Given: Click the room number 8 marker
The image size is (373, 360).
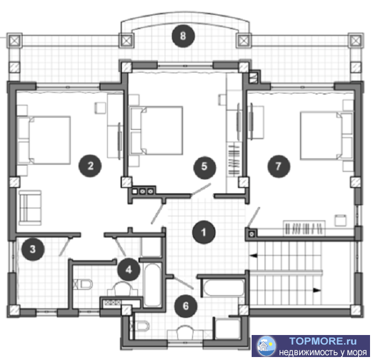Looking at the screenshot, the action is coord(183,36).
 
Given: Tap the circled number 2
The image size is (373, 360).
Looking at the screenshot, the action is coord(90,165).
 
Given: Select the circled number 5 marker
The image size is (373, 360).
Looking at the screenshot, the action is coord(205,167).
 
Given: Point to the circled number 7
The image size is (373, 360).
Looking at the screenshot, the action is coord(278,166).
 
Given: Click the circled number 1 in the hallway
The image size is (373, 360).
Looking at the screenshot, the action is coord(203,232).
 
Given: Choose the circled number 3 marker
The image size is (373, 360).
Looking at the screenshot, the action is coord(33,249).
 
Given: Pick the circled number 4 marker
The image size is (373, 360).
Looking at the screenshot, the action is coord(128,270).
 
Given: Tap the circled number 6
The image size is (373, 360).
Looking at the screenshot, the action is coord(186,306).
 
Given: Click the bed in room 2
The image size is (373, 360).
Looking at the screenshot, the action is coord(44,140).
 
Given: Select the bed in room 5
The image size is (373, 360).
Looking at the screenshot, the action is coord(156,130).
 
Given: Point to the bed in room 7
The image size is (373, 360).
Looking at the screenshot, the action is coord(327,136).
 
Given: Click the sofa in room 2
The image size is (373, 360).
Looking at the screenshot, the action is coord(30,208).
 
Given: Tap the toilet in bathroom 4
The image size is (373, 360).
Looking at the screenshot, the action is coord(83,284).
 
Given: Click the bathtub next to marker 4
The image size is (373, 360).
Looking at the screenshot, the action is coord(152,285).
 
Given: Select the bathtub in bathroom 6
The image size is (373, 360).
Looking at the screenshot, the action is coord(224,287).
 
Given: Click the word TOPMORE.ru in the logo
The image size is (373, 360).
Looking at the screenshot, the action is coord(323,341).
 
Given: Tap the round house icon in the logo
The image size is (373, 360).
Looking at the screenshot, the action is coord(267,346).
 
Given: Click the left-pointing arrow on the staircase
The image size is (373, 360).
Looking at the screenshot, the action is coord(253,255).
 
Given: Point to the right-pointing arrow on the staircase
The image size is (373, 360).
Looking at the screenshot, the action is coord(316,290).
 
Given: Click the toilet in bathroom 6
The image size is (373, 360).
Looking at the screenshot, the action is coord(142,325).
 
